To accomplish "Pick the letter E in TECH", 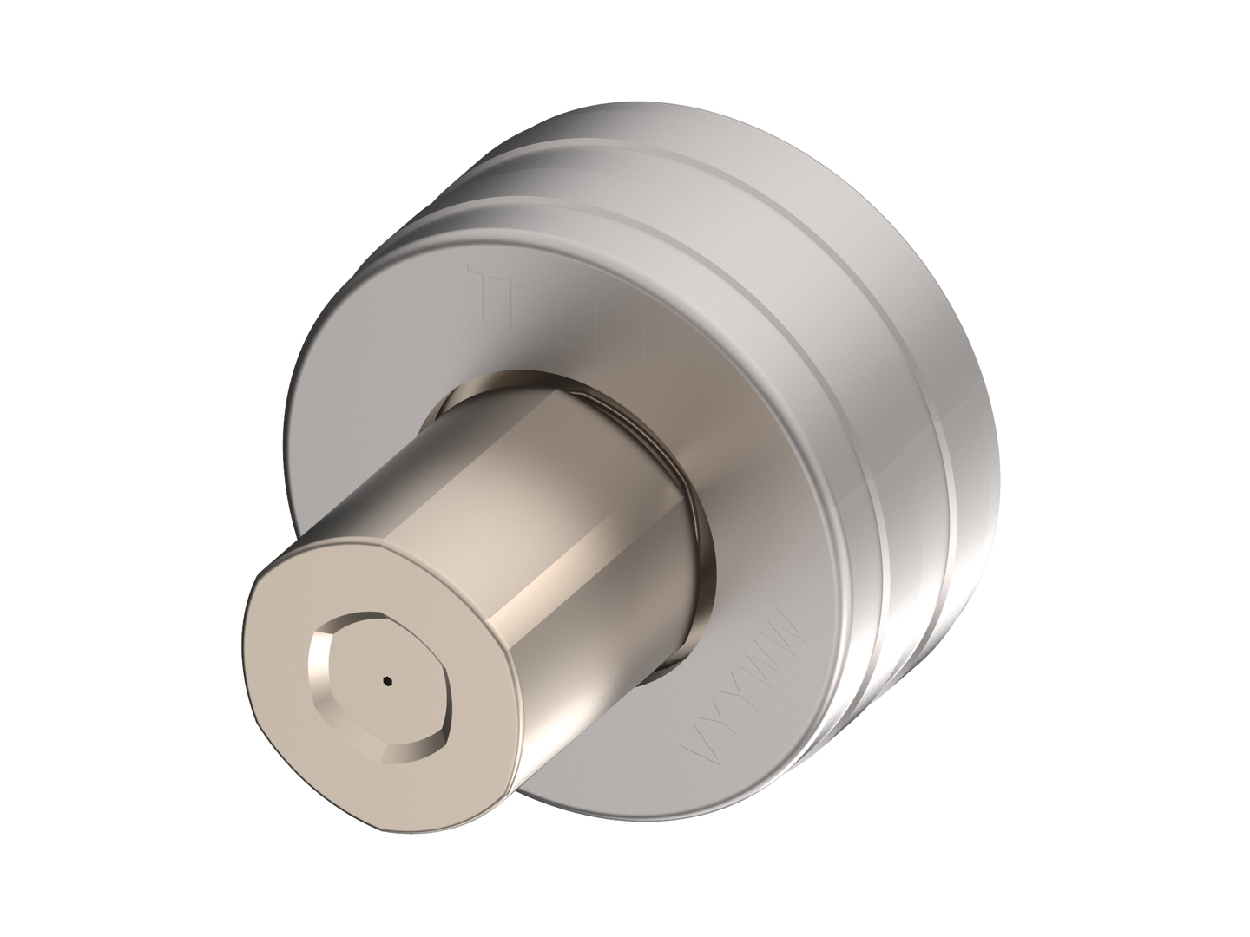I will (531, 299).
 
